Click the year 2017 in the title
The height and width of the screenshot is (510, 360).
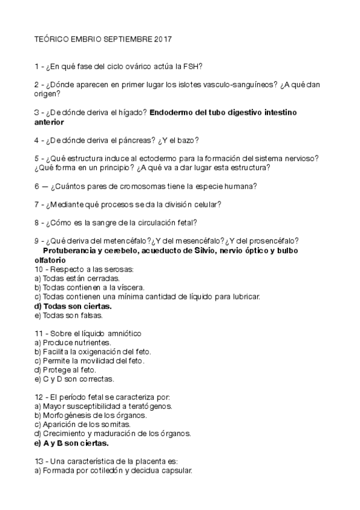click(163, 40)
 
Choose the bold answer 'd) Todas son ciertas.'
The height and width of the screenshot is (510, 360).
click(73, 306)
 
